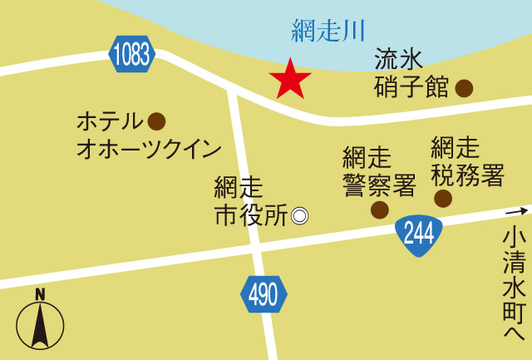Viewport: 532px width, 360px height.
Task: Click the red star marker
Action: point(290,79)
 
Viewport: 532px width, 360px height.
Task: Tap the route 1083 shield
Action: point(131,55)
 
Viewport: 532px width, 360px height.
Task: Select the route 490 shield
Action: point(264,294)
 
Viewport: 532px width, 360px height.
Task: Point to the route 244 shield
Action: point(418,234)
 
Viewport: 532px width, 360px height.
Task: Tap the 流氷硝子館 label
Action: point(411,73)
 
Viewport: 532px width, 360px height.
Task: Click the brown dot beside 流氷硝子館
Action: point(464,87)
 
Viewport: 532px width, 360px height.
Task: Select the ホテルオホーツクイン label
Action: point(148,135)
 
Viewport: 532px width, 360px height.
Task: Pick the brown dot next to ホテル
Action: point(156,121)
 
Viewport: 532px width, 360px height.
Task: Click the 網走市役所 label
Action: point(250,200)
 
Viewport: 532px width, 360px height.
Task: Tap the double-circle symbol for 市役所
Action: point(299,215)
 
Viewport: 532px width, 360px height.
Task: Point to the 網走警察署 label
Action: point(378,171)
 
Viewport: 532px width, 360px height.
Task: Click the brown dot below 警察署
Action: point(379,210)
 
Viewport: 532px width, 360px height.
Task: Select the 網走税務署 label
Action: point(467,161)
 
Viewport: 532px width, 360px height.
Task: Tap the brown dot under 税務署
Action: point(443,198)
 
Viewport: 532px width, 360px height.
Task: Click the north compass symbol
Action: point(40,324)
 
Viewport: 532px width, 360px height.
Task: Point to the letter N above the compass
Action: point(40,293)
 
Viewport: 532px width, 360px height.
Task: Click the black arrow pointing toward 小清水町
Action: point(517,211)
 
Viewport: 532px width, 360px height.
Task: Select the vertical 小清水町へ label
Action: point(515,283)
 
